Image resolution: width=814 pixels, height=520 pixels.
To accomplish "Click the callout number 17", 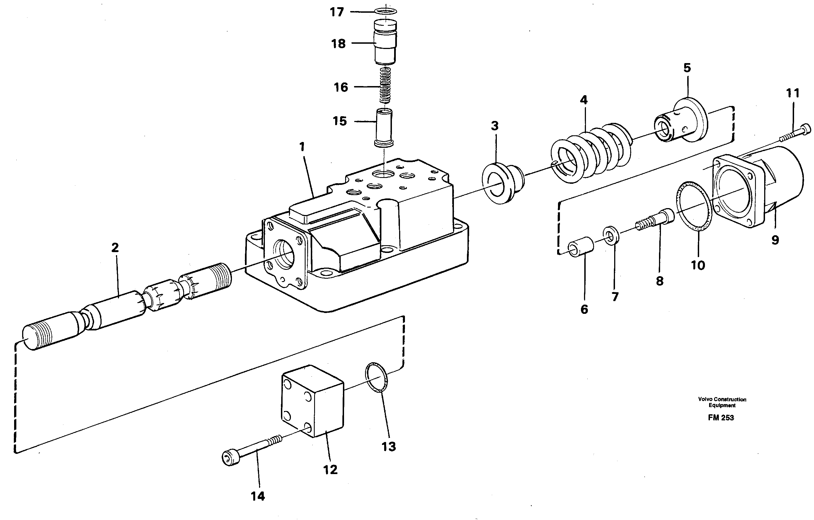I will pos(337,12).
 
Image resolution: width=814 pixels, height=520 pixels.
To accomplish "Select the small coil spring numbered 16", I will pos(385,86).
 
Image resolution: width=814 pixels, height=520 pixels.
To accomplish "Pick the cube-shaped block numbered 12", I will pos(313,400).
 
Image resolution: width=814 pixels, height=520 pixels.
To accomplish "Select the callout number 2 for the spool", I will pos(115,248).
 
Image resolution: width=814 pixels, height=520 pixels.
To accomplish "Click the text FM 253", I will pos(721,418).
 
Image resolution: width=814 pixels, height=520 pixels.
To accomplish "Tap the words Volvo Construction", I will pos(722,399).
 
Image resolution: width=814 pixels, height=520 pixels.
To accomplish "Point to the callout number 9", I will pos(775,240).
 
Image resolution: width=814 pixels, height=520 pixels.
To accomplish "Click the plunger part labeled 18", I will pos(385,42).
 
